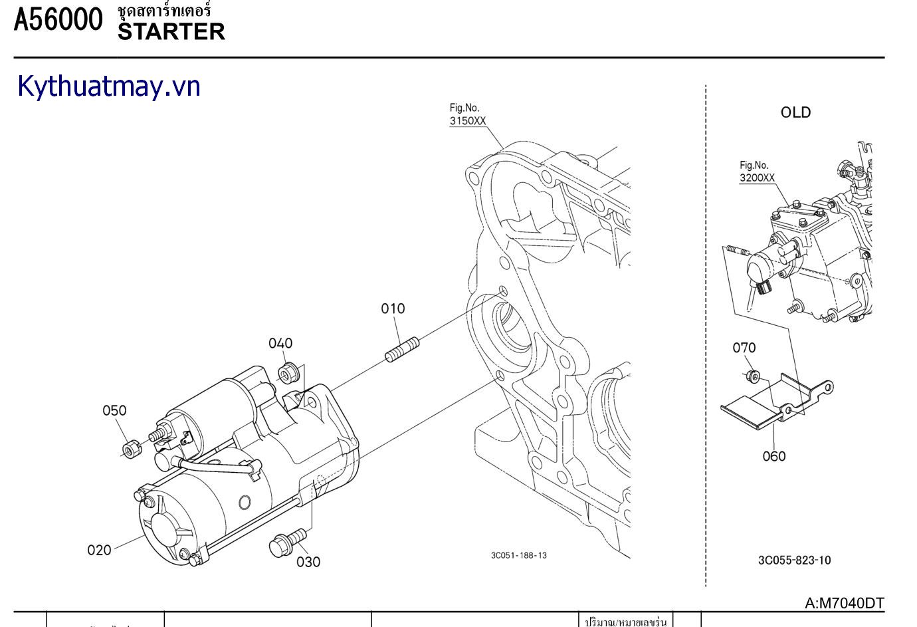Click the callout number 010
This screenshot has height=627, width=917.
(393, 309)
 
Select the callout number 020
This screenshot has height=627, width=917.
(99, 550)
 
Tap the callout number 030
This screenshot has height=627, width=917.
(308, 562)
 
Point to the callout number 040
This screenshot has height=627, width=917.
(280, 343)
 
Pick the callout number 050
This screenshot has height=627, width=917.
(114, 410)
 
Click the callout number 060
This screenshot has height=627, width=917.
(774, 456)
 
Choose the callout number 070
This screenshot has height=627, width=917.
(744, 348)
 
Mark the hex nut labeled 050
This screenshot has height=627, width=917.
(131, 449)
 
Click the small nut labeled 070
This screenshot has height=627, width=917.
(752, 376)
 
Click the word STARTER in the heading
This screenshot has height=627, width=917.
(171, 31)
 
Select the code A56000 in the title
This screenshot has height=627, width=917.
(58, 19)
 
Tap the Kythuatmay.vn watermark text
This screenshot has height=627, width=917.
(109, 86)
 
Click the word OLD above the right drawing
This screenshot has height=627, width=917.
(795, 112)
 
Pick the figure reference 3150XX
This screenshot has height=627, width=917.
(468, 121)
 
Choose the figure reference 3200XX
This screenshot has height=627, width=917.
(757, 178)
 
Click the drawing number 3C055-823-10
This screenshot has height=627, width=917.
(794, 560)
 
